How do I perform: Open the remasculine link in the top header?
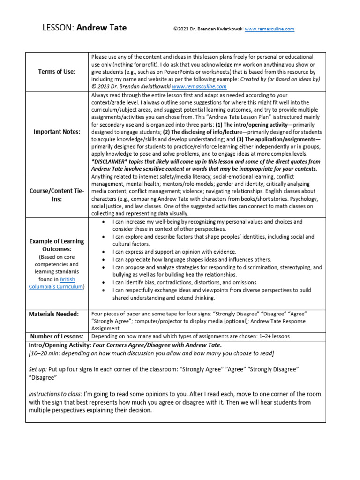point(270,29)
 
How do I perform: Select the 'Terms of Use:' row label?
point(57,71)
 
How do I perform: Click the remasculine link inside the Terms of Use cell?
point(199,86)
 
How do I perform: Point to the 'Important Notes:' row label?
point(57,132)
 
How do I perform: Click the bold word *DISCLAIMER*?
point(110,161)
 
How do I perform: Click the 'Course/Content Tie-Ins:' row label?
point(57,195)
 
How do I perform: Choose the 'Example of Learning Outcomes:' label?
point(57,245)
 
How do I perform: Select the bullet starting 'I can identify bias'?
point(185,282)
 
